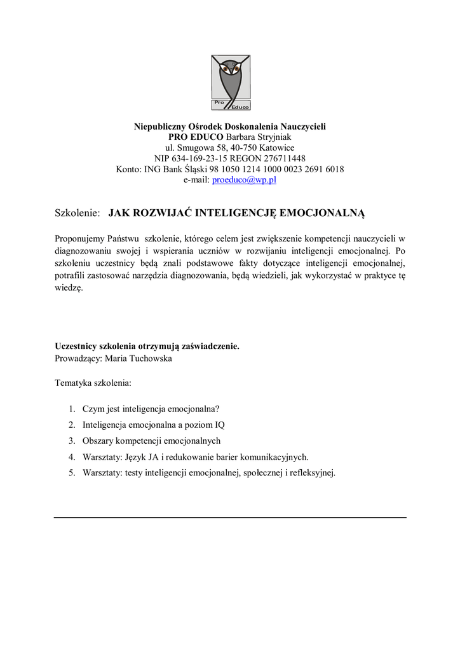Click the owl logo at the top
[x=230, y=83]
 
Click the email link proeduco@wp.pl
[x=244, y=180]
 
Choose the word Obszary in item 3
[x=97, y=441]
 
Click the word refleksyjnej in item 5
[x=313, y=472]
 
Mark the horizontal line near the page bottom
[x=230, y=517]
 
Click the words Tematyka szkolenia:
[x=93, y=384]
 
